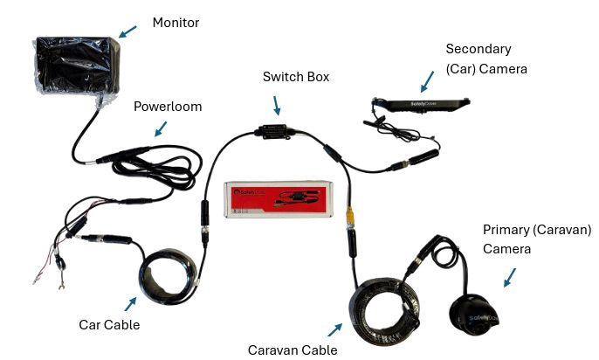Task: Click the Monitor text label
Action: [x=176, y=22]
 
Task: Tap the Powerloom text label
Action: [x=167, y=107]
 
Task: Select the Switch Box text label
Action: [x=296, y=77]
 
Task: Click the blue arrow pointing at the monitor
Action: [x=128, y=31]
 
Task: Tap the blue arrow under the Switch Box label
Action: [x=277, y=106]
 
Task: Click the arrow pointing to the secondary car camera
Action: [x=428, y=82]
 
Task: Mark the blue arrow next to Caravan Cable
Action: [x=334, y=329]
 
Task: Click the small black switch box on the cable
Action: [x=275, y=132]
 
